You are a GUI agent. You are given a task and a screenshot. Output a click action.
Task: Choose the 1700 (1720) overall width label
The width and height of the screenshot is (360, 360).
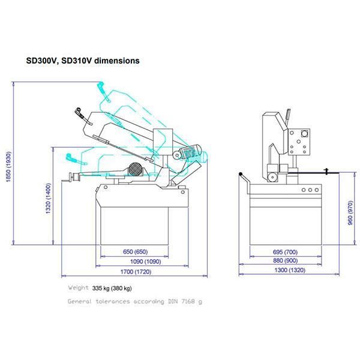coord(134,272)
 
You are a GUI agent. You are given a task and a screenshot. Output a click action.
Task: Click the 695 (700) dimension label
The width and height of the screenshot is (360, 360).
coord(285,251)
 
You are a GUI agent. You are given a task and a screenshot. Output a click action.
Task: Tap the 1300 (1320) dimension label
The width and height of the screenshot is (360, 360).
coord(290,271)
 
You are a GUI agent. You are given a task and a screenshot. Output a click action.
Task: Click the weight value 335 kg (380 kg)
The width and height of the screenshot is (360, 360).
coord(112,289)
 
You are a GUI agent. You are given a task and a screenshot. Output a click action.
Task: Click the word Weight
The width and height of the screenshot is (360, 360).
coord(79,289)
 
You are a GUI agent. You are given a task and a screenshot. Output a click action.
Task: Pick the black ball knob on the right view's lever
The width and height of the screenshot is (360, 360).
coord(241,175)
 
